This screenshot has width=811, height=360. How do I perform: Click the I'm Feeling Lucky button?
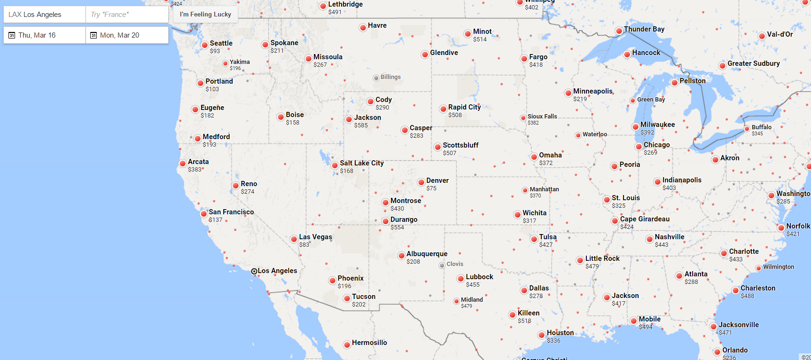[205, 14]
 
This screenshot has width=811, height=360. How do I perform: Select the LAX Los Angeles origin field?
[45, 15]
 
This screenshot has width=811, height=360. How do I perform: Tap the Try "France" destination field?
[127, 15]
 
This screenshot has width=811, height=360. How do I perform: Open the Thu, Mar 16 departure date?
[45, 35]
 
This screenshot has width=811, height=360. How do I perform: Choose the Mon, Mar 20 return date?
[127, 35]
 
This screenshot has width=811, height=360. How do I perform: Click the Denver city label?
[437, 180]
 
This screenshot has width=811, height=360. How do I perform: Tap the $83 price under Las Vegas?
[304, 245]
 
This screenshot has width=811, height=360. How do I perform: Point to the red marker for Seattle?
[205, 45]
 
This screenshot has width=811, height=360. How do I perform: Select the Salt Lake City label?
[361, 163]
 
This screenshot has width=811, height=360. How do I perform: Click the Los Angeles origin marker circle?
[254, 271]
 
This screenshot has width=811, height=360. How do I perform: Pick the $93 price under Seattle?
[215, 51]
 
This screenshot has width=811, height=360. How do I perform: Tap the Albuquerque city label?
[427, 254]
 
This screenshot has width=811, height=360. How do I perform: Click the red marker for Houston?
[542, 335]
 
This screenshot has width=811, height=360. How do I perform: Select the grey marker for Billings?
[376, 78]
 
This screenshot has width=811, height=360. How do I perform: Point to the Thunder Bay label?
[644, 29]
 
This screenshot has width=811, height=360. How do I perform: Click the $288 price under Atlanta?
[691, 282]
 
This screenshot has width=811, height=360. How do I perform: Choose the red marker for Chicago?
[639, 147]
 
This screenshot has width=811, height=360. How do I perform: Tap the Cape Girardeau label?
[645, 219]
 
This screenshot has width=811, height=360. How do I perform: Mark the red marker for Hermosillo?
[347, 344]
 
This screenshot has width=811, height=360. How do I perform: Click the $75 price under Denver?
[431, 188]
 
